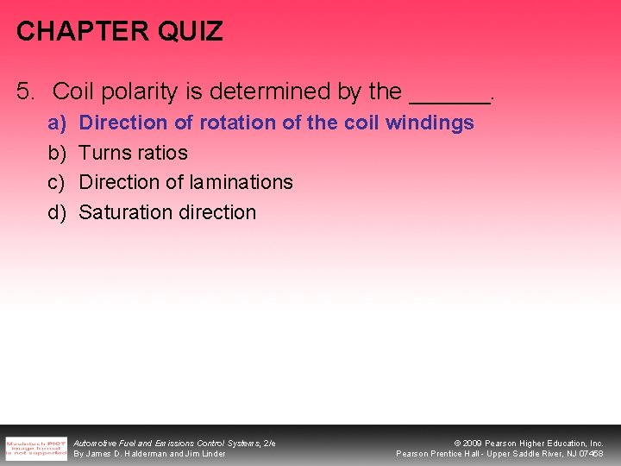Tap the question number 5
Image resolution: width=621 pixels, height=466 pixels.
pyautogui.click(x=25, y=91)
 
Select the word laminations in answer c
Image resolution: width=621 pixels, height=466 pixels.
pyautogui.click(x=241, y=182)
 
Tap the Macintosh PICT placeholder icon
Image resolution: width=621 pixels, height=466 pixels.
pyautogui.click(x=35, y=448)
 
